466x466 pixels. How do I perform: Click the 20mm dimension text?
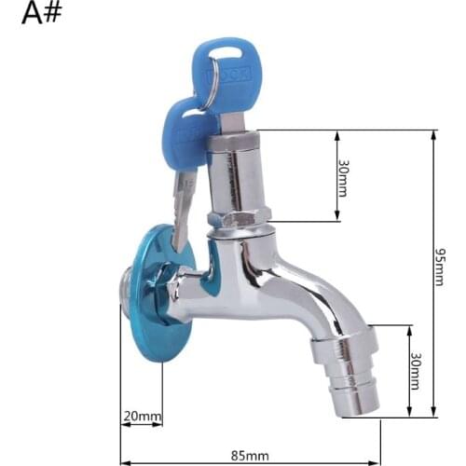[x=143, y=416]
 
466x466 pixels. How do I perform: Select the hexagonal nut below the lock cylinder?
[x=240, y=220]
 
